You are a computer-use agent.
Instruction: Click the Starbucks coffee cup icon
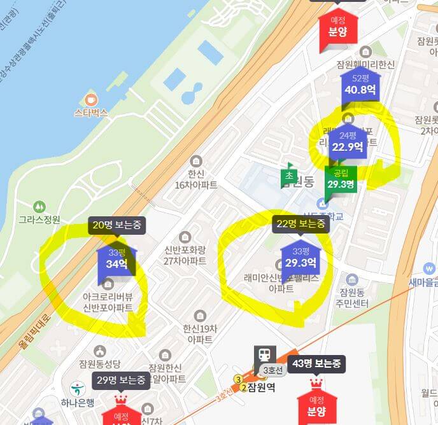click(x=90, y=100)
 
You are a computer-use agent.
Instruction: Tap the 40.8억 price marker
click(x=360, y=85)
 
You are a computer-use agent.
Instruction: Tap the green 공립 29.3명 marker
click(x=341, y=179)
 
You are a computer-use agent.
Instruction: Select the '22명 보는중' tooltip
click(x=301, y=223)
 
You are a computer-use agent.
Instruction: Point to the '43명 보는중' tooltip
click(x=316, y=364)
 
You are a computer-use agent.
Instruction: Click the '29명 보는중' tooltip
click(x=121, y=380)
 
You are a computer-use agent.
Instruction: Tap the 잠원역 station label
click(x=261, y=387)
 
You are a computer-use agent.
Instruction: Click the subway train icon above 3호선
click(x=265, y=355)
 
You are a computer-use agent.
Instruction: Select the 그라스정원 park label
click(x=39, y=219)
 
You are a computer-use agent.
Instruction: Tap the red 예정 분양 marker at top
click(x=337, y=27)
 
